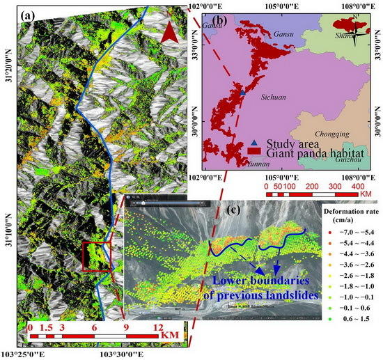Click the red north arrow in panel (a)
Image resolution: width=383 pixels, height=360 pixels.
point(165,31)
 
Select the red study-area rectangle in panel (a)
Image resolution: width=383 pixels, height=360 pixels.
point(97,256)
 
